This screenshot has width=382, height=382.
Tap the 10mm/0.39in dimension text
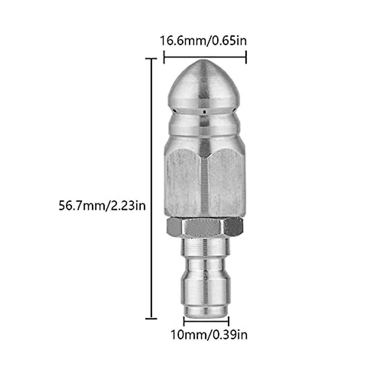click(x=209, y=335)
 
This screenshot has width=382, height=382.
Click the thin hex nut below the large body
click(x=204, y=228)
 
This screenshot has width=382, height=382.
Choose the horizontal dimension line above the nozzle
click(x=205, y=58)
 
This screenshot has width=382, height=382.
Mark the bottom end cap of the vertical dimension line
click(x=151, y=318)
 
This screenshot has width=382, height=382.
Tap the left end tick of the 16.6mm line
click(x=164, y=58)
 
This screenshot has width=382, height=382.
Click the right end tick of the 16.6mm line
click(x=246, y=58)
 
